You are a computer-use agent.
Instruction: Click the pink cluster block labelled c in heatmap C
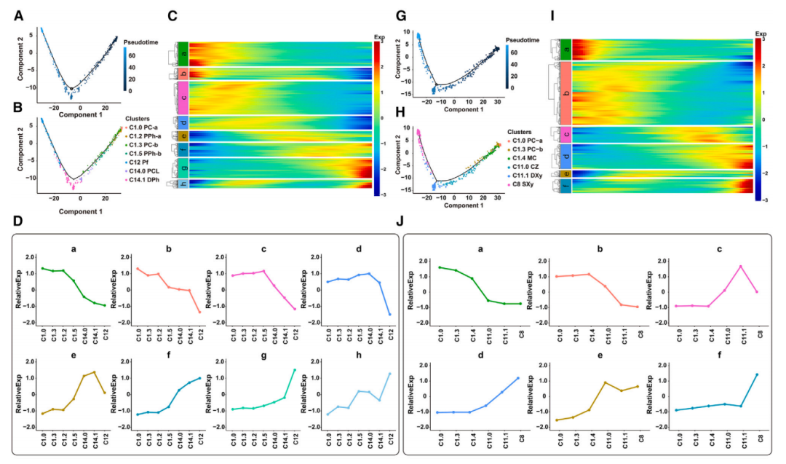point(184,97)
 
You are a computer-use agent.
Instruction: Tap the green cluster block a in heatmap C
point(184,53)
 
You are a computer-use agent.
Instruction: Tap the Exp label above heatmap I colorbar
point(761,34)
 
